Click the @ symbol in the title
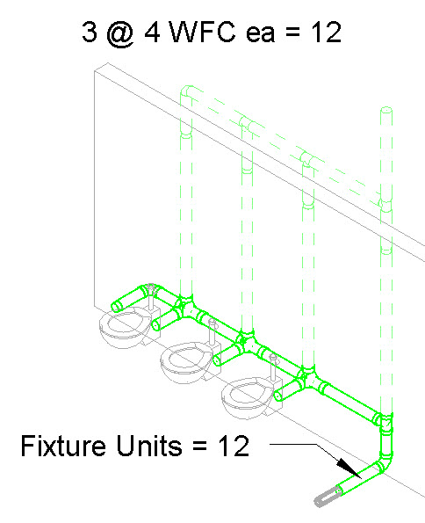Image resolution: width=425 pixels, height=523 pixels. click(121, 34)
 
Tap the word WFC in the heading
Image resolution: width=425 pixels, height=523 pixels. click(203, 33)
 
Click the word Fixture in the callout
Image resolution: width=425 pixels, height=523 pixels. click(63, 446)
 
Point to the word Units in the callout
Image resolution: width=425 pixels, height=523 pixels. click(149, 446)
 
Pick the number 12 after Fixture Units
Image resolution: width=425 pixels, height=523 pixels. click(234, 446)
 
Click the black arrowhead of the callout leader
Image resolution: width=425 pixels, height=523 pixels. click(349, 468)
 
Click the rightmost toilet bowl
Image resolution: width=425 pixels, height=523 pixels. click(249, 397)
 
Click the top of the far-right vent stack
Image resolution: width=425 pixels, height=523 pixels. click(386, 110)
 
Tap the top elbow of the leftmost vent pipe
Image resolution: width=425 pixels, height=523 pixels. click(187, 91)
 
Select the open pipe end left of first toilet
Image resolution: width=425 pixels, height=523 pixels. click(116, 306)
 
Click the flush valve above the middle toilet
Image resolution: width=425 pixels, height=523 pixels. click(212, 331)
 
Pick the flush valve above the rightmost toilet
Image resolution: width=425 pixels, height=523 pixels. click(273, 367)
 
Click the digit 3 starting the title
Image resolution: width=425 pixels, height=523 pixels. click(90, 33)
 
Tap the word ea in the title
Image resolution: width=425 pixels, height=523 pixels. click(260, 34)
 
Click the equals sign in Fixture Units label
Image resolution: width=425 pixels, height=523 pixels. click(200, 447)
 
